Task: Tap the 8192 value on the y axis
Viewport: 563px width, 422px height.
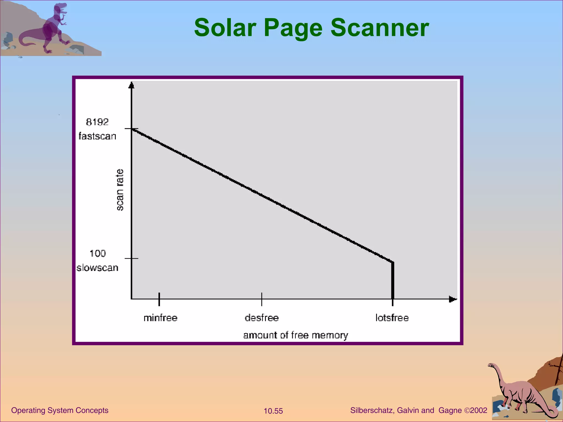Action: (97, 122)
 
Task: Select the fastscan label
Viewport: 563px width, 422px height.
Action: (97, 136)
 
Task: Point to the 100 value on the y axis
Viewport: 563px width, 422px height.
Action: (98, 253)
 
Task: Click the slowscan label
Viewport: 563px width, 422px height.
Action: (97, 268)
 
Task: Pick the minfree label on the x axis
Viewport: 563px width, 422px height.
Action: (161, 318)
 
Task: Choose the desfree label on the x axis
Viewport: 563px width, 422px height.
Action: (262, 318)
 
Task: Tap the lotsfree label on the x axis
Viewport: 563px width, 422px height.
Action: (392, 318)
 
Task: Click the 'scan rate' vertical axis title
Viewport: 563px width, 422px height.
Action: (120, 190)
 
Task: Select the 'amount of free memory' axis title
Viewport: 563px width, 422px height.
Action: (296, 335)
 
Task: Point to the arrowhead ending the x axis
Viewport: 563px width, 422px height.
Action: (453, 299)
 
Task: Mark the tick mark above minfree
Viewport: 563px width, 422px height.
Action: (159, 299)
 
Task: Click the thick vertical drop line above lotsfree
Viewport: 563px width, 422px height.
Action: (393, 280)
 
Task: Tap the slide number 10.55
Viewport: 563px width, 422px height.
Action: (273, 411)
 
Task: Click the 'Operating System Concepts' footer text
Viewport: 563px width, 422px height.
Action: (60, 410)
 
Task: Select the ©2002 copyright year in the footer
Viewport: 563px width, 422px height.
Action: (476, 410)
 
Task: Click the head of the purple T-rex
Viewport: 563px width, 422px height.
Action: (60, 8)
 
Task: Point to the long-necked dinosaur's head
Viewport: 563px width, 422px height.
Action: (491, 365)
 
